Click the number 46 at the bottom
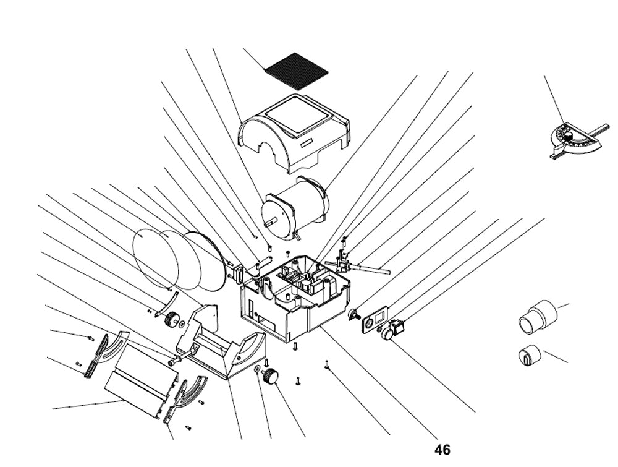442,450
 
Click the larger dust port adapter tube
536,315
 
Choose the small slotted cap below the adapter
528,356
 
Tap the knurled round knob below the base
271,375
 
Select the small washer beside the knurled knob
256,369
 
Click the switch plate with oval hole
373,322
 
